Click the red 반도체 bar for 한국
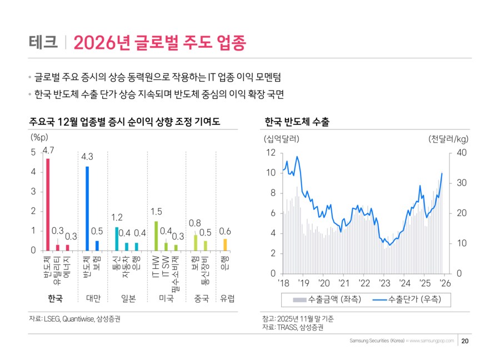pyautogui.click(x=48, y=204)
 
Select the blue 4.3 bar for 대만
pyautogui.click(x=87, y=208)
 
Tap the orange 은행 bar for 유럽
pyautogui.click(x=225, y=244)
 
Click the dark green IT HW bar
pyautogui.click(x=156, y=236)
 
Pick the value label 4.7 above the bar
pyautogui.click(x=48, y=151)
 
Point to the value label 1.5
pyautogui.click(x=156, y=212)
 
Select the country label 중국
pyautogui.click(x=201, y=298)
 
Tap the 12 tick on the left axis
pyautogui.click(x=271, y=152)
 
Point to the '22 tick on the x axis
pyautogui.click(x=364, y=283)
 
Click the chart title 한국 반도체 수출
pyautogui.click(x=297, y=122)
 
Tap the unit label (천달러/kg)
pyautogui.click(x=448, y=138)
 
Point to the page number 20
pyautogui.click(x=465, y=341)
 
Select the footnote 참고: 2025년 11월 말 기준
pyautogui.click(x=298, y=319)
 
